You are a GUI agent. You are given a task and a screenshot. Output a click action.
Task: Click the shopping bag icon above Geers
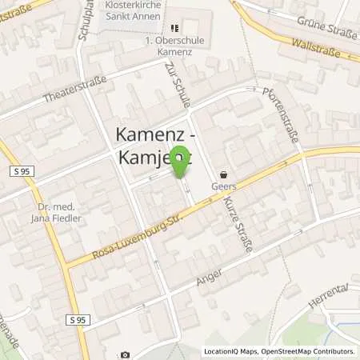[224, 173]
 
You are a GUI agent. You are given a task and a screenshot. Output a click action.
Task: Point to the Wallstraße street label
[316, 46]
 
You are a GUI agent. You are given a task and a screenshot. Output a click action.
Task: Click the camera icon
[125, 354]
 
